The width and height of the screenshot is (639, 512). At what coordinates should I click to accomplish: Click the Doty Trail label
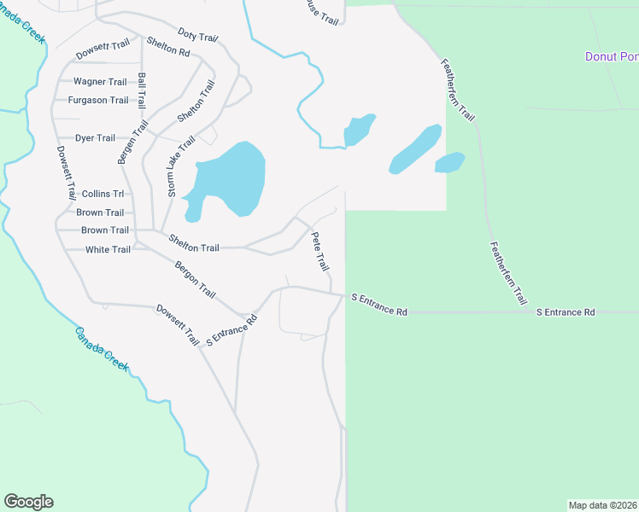(198, 36)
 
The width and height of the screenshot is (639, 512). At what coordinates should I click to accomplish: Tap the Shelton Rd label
(168, 46)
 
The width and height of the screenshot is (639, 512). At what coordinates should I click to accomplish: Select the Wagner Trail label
(101, 82)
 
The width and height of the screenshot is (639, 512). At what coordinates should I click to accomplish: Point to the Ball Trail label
(142, 90)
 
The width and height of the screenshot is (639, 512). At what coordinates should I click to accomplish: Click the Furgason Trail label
(99, 101)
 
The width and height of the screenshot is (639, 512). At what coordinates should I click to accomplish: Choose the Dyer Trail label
(96, 138)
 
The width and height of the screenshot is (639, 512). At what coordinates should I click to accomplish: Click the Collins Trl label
(103, 195)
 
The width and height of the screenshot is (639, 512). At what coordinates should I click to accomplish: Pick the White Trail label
(108, 250)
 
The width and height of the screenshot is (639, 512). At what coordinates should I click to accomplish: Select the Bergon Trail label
(196, 280)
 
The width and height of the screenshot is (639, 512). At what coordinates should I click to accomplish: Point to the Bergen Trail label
(129, 141)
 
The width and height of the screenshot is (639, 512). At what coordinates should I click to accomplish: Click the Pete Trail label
(319, 252)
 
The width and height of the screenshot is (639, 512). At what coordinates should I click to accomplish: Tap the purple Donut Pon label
(611, 57)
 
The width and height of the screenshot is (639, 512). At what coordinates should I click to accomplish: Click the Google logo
(28, 502)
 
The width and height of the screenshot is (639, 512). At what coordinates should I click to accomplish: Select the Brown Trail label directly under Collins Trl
(101, 212)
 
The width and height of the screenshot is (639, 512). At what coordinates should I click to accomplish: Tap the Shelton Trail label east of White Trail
(194, 247)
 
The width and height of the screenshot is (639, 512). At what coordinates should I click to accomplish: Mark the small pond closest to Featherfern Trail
(449, 162)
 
